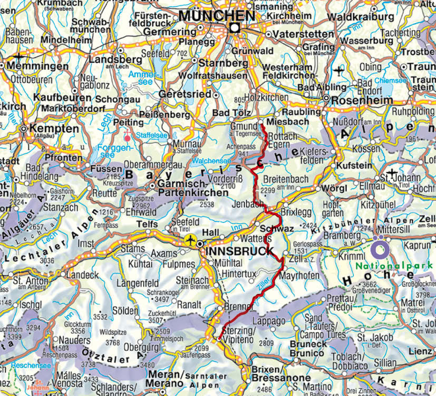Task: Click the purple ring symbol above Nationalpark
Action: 380,247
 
